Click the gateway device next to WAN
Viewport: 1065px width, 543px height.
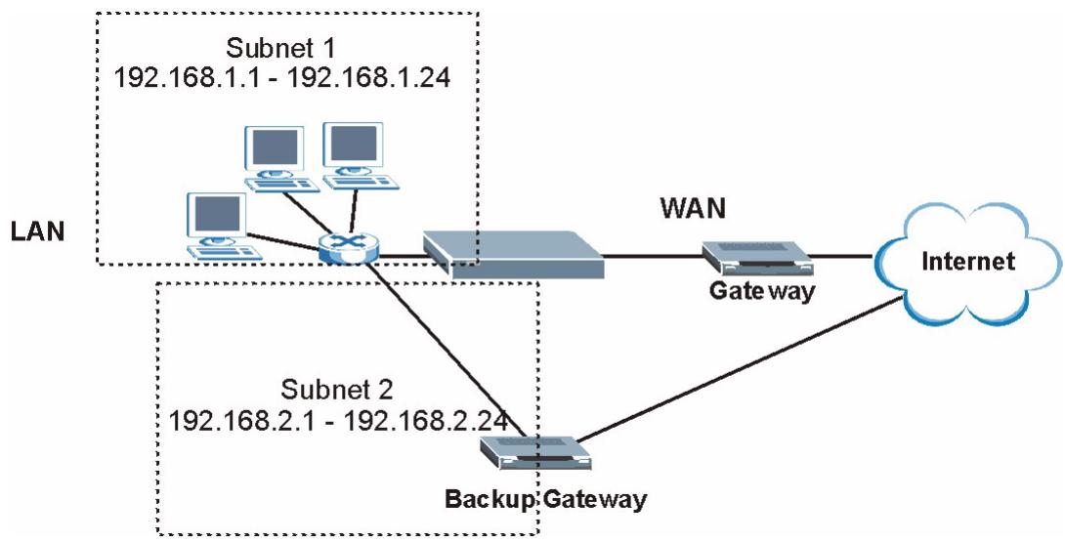coord(758,259)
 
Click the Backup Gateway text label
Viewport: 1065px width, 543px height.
coord(545,500)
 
